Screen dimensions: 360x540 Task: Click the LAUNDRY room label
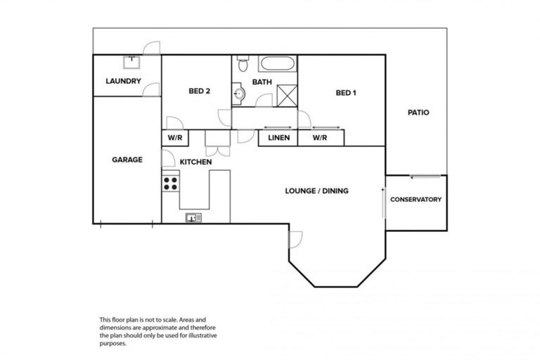point(123,81)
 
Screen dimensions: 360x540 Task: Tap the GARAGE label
point(127,160)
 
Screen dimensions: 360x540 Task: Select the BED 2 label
point(199,91)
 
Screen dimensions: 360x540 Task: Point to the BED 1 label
point(347,92)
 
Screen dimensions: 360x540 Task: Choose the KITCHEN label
point(195,162)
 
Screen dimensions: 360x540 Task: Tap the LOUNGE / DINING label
point(316,191)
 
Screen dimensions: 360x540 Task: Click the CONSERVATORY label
point(416,200)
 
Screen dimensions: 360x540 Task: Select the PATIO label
point(418,112)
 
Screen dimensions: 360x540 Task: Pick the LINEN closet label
point(279,138)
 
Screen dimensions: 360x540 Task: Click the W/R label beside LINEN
point(320,138)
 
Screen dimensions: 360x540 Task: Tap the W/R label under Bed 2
point(174,138)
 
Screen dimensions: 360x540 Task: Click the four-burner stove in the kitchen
point(170,184)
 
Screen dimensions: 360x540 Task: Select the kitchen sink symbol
point(193,217)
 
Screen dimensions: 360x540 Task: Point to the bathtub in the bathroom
point(278,65)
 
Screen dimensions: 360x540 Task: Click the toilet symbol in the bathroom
point(243,64)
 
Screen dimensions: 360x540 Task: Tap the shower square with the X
point(287,95)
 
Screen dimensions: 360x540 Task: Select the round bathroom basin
point(238,92)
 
